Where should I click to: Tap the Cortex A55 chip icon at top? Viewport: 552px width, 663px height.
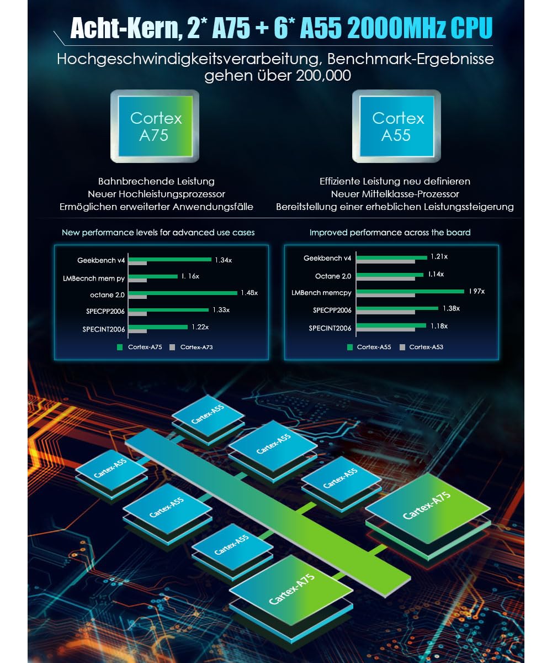[x=396, y=127]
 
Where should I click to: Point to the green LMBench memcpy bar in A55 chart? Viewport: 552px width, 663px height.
[x=410, y=291]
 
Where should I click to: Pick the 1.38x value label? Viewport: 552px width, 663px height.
[x=450, y=308]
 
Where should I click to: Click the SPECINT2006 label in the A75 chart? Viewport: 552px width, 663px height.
[x=104, y=329]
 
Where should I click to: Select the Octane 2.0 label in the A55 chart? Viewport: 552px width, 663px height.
[x=333, y=276]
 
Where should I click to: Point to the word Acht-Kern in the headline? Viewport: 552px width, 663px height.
[x=121, y=29]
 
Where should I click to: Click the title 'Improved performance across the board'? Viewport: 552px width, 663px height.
[x=390, y=233]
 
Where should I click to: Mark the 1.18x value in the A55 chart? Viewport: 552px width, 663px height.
[x=439, y=326]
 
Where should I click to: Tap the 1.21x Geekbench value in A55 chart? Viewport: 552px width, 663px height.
[x=439, y=257]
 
